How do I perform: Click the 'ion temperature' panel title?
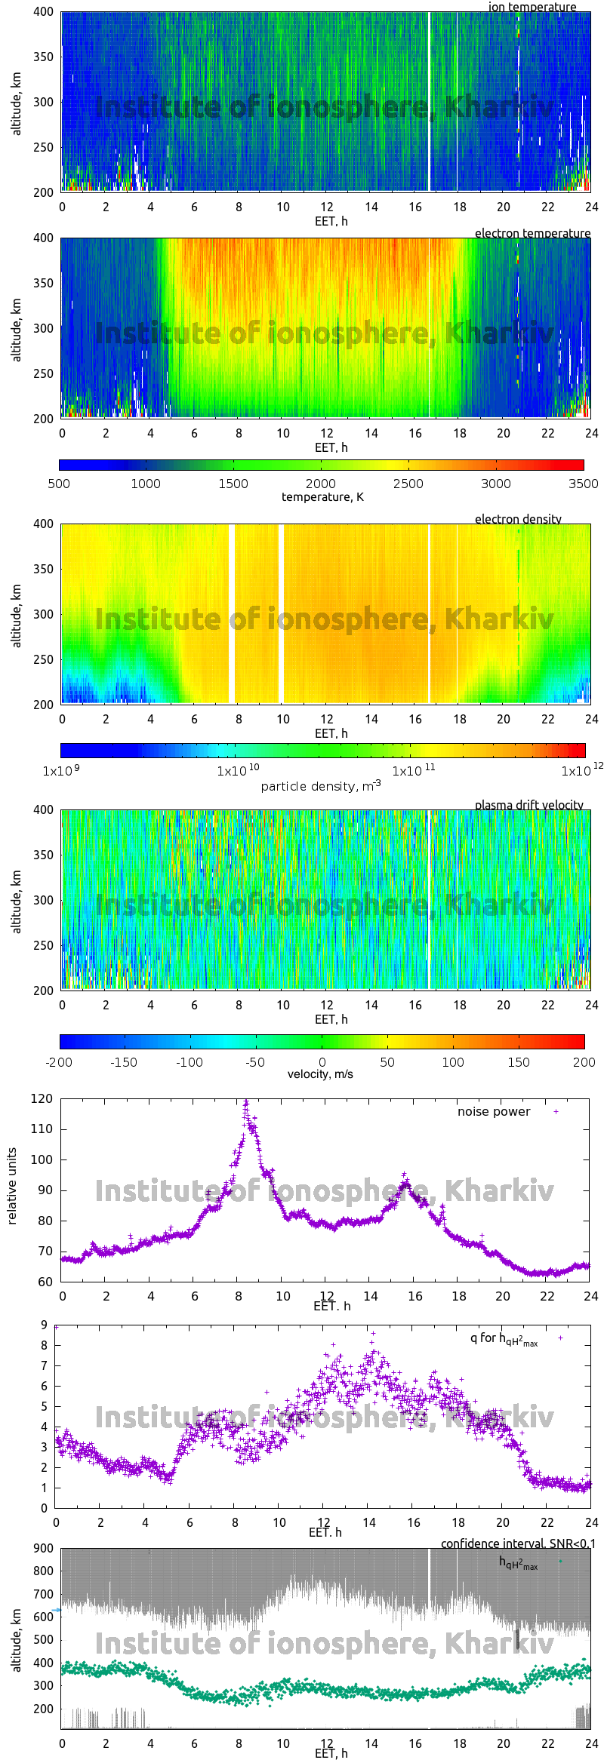pyautogui.click(x=532, y=7)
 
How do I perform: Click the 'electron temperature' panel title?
pyautogui.click(x=532, y=233)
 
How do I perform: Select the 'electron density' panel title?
pyautogui.click(x=518, y=519)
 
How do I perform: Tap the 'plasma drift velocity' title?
pyautogui.click(x=528, y=805)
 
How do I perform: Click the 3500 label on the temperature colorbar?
pyautogui.click(x=583, y=484)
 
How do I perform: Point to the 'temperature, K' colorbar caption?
pyautogui.click(x=322, y=496)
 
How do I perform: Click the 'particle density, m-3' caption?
pyautogui.click(x=321, y=786)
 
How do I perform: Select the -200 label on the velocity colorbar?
pyautogui.click(x=59, y=1062)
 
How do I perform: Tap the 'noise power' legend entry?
pyautogui.click(x=494, y=1112)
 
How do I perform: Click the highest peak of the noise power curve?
pyautogui.click(x=245, y=1102)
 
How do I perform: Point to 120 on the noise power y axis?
pyautogui.click(x=42, y=1099)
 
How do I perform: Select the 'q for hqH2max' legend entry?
pyautogui.click(x=504, y=1338)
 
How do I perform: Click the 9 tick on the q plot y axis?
pyautogui.click(x=45, y=1325)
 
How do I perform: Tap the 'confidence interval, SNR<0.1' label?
pyautogui.click(x=517, y=1543)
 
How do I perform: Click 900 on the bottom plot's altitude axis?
pyautogui.click(x=43, y=1548)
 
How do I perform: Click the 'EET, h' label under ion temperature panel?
pyautogui.click(x=331, y=221)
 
